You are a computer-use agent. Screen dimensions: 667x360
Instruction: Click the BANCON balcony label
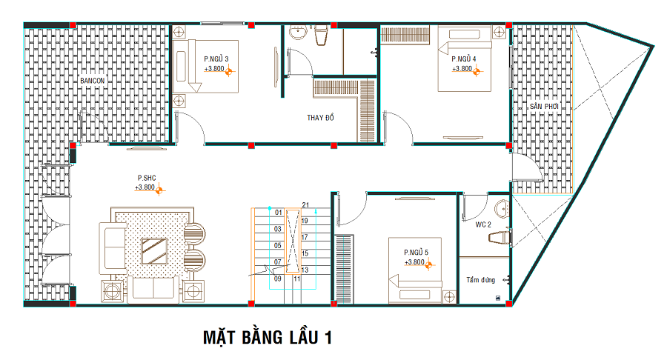click(x=93, y=81)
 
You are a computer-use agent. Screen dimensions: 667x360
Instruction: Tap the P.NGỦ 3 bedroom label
click(x=216, y=59)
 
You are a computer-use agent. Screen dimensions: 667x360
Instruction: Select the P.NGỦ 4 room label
click(x=464, y=59)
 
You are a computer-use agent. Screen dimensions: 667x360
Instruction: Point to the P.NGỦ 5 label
click(x=416, y=253)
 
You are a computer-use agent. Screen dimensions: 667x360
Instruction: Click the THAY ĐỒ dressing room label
click(x=320, y=117)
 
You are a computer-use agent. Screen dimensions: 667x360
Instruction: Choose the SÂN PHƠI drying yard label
click(x=544, y=106)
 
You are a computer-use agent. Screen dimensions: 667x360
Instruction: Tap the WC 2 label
click(x=483, y=225)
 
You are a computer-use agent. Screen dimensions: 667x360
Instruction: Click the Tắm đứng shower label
click(x=481, y=280)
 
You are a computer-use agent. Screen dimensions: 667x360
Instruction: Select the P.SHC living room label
click(x=147, y=178)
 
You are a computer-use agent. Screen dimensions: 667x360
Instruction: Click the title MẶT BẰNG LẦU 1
click(x=267, y=338)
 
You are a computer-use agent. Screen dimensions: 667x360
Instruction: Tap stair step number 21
click(x=305, y=205)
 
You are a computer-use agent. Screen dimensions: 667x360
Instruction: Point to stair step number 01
click(x=278, y=213)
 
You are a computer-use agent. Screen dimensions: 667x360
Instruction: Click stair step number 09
click(x=278, y=279)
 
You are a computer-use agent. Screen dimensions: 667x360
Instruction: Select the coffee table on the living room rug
click(x=154, y=251)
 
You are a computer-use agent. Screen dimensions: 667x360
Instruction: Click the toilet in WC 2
click(x=500, y=238)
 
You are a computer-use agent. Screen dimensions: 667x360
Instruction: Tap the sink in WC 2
click(x=502, y=209)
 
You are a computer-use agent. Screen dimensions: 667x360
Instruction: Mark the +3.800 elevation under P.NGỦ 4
click(x=462, y=69)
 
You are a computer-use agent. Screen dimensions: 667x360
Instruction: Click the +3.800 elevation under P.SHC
click(x=145, y=187)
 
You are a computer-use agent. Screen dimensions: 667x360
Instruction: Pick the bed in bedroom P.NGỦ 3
click(x=205, y=67)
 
